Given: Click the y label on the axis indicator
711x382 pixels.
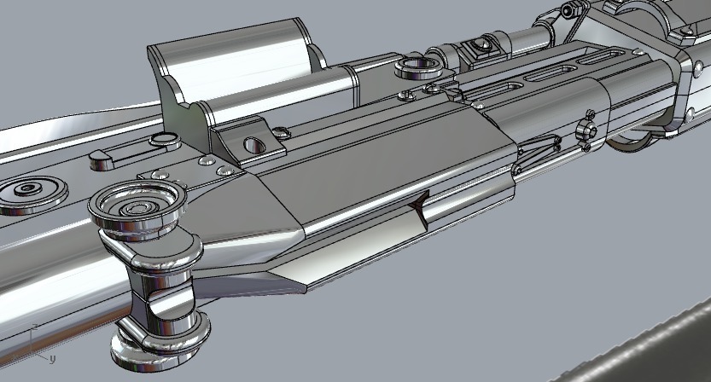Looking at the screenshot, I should click(52, 359).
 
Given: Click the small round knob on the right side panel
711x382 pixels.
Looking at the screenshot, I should click(586, 131).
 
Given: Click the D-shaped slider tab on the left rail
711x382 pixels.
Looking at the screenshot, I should click(100, 156).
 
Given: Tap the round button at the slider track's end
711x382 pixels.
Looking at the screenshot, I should click(160, 141).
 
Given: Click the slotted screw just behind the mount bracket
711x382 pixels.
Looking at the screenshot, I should click(281, 130).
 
